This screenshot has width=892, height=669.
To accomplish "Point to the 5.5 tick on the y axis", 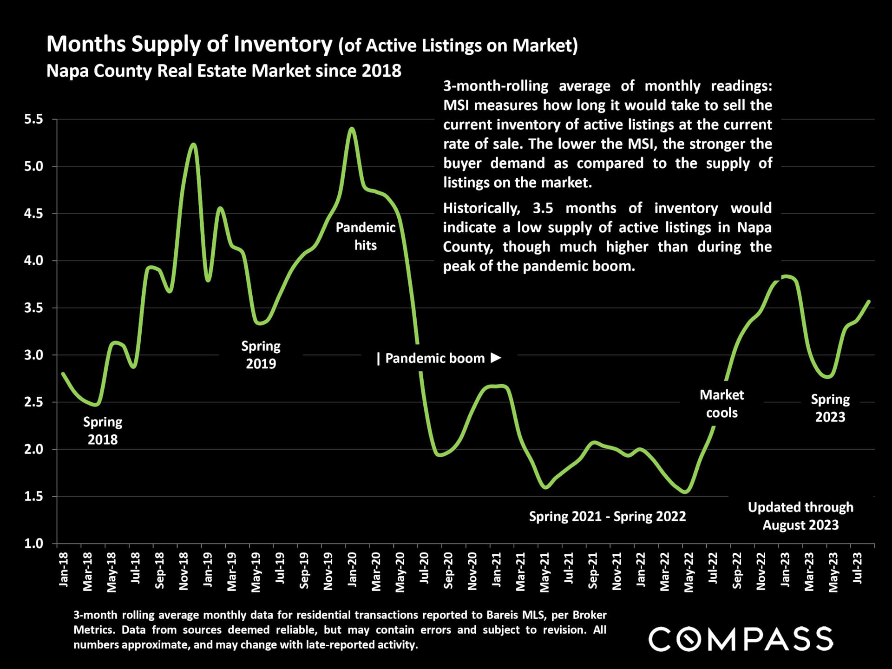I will pos(33,119).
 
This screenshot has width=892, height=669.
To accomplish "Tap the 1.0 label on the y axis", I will pos(33,544).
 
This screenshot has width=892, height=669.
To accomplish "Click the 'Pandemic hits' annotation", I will pos(366,236).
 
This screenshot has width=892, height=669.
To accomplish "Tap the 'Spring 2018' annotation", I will pos(103,431).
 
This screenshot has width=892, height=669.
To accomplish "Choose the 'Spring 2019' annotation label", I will pos(261,354).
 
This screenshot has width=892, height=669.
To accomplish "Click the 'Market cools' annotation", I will pos(721,404).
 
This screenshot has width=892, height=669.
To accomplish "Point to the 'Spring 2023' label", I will pos(830,408).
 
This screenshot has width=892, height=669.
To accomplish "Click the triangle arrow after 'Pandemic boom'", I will pos(496,358).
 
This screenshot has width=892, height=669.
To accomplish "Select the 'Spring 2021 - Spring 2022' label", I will pos(607,517).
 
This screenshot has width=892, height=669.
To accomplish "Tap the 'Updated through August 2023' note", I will pos(800,516).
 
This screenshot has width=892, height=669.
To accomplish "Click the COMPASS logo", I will pos(741,639).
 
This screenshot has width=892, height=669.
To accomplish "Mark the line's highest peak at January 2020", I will pos(352,128).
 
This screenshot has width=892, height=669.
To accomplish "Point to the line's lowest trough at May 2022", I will pos(686,492).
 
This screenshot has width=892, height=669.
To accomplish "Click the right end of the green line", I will pos(869,301).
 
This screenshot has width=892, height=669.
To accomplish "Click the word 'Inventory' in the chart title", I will pos(283,44).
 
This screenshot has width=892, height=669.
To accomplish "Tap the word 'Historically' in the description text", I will pos(481,208).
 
